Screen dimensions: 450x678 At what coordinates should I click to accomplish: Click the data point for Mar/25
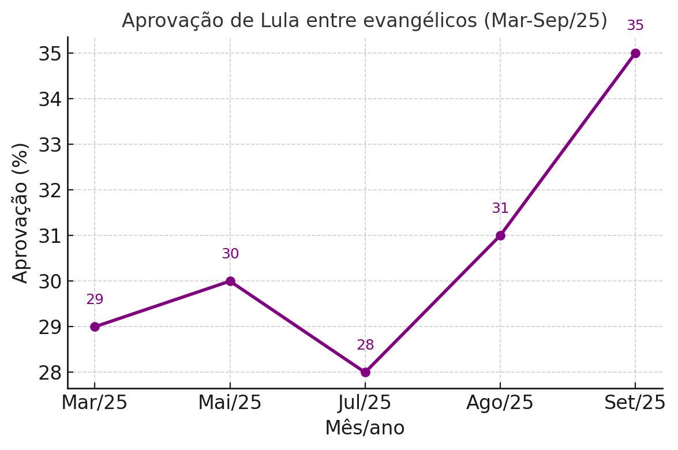(x=95, y=327)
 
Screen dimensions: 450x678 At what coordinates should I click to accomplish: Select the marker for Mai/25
(x=230, y=281)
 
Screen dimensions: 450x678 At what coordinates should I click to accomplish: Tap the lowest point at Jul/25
(x=365, y=372)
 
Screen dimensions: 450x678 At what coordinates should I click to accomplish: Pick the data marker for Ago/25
(x=500, y=235)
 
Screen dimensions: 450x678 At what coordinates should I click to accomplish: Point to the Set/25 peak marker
(x=635, y=53)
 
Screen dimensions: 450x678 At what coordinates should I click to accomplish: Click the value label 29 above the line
(x=95, y=300)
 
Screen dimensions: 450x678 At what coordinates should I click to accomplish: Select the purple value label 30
(x=230, y=254)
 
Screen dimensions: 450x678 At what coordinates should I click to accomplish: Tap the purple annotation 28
(x=365, y=346)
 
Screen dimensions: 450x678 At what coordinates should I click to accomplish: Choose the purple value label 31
(x=500, y=209)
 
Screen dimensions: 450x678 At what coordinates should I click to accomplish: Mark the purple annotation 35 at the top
(x=635, y=26)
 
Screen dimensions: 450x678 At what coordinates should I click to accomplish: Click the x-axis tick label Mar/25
(x=95, y=403)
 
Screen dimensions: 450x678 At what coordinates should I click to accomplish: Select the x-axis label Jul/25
(x=365, y=403)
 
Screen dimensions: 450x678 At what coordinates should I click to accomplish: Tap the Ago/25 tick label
(x=500, y=403)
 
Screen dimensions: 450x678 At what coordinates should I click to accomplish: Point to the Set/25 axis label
(x=635, y=403)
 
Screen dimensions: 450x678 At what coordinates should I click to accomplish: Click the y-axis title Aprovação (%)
(x=21, y=212)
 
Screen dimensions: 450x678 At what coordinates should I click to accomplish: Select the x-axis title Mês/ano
(x=365, y=428)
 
